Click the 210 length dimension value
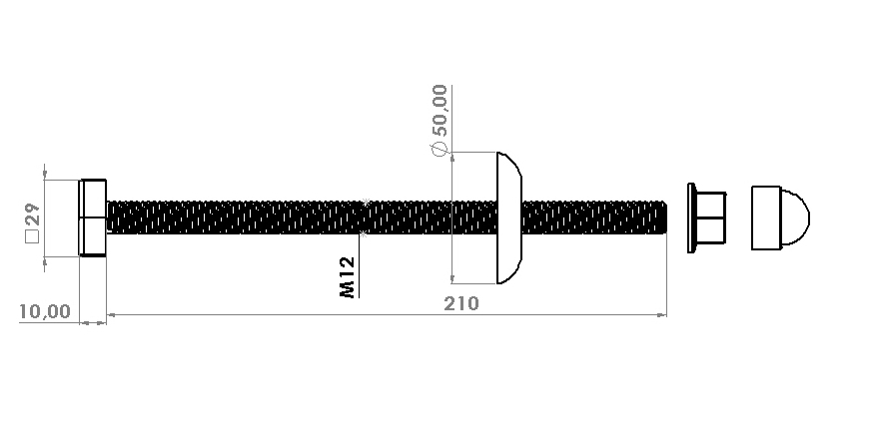coord(460,304)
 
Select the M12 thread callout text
coord(347,277)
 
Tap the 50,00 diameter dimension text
coord(439,111)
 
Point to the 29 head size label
coord(32,215)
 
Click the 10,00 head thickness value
coord(45,311)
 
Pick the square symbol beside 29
coord(32,236)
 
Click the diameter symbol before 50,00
coord(439,149)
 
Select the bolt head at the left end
coord(93,217)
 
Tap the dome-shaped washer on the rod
coord(509,217)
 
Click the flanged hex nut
coord(707,217)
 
